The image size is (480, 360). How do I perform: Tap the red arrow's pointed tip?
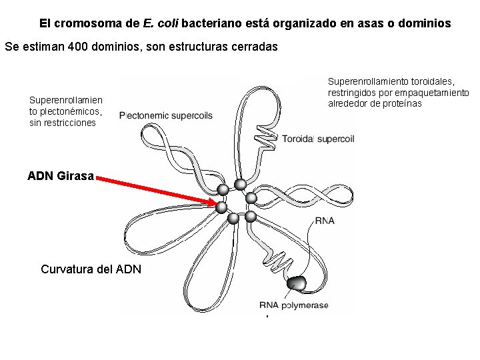[219, 204]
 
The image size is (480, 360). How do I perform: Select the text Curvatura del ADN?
[91, 269]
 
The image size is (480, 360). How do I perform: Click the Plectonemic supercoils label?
[166, 115]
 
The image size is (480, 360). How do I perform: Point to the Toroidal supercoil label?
[318, 139]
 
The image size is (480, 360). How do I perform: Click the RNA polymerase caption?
[294, 305]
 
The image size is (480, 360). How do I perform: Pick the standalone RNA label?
[325, 221]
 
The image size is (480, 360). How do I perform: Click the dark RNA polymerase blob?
[296, 284]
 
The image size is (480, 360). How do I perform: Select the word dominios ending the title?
[427, 23]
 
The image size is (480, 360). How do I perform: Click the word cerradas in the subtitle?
[253, 47]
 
